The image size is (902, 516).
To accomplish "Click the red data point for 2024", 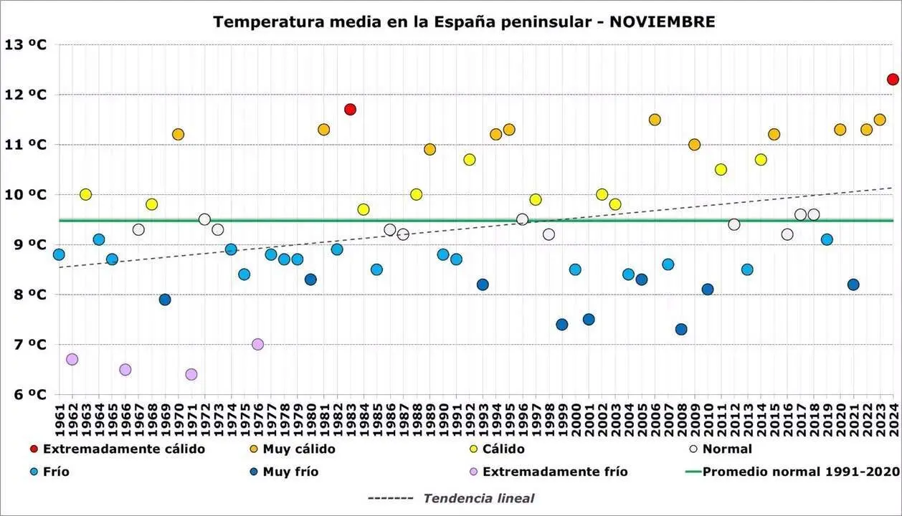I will (893, 80).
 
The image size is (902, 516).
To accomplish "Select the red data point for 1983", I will (350, 110).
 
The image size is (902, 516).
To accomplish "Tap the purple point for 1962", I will (72, 359).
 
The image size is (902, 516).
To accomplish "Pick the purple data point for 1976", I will (257, 344).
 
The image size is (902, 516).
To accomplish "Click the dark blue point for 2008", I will (681, 329).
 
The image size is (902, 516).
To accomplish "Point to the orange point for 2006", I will (655, 120).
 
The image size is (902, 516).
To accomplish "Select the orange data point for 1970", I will (178, 134).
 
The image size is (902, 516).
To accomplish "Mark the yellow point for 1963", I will (85, 194).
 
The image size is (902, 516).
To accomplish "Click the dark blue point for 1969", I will (165, 300).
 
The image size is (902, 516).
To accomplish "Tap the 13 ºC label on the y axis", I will (26, 44).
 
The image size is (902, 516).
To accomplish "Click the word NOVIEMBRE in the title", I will (662, 21).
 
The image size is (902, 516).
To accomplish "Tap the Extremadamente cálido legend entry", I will (124, 449).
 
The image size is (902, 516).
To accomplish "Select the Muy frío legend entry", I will (290, 472).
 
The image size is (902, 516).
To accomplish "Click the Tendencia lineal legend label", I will (478, 498).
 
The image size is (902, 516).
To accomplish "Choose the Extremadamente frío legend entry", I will (555, 472).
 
